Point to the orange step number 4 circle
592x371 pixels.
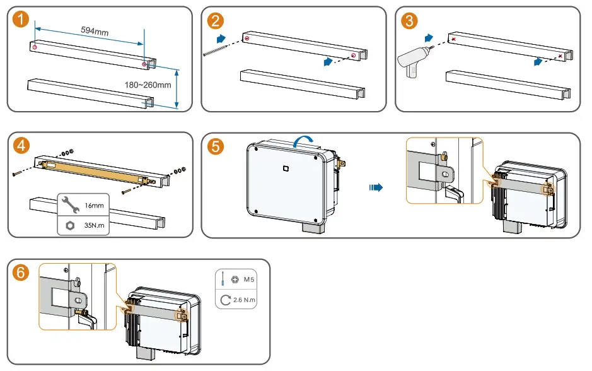22,146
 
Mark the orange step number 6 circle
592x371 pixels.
22,273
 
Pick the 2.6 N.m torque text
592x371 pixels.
246,300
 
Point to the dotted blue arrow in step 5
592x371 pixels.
376,187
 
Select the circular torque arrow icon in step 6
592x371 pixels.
226,300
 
